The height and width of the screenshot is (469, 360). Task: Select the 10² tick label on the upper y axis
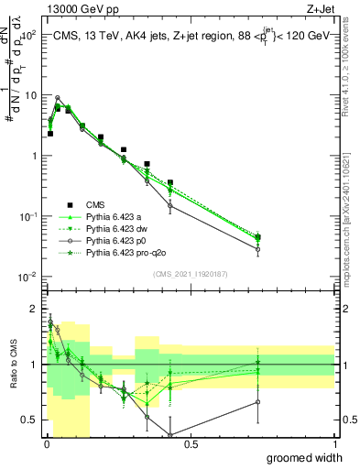coord(28,34)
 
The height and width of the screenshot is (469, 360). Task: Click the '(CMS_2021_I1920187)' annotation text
coord(190,274)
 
